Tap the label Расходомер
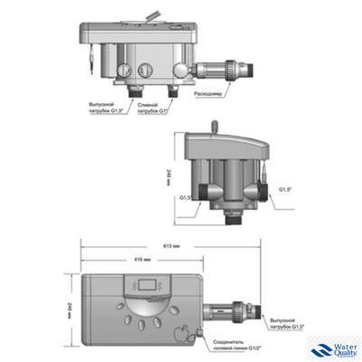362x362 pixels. tap(210, 93)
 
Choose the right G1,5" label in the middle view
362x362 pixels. tap(287, 189)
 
